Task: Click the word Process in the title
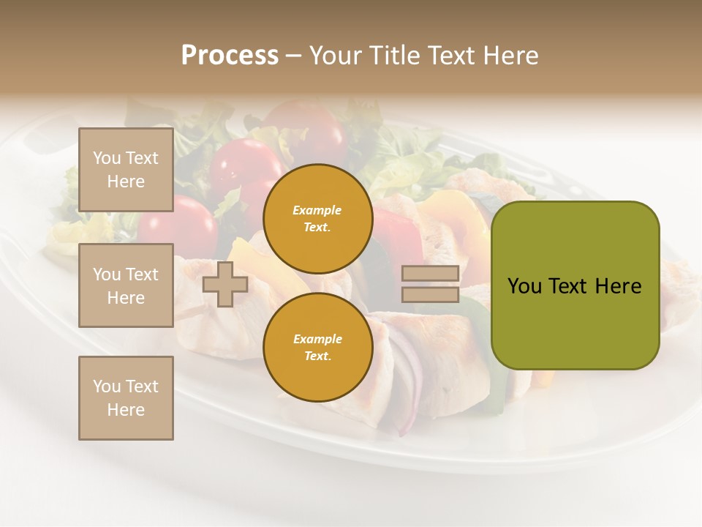click(x=230, y=56)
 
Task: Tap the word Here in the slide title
click(x=508, y=56)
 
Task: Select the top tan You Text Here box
click(x=126, y=170)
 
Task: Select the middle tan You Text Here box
click(x=126, y=285)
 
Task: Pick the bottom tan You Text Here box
click(x=126, y=398)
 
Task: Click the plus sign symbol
click(x=224, y=284)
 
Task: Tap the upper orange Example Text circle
click(x=317, y=218)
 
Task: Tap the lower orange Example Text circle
click(x=317, y=347)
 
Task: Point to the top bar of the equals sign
click(x=431, y=274)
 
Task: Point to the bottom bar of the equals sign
click(x=431, y=294)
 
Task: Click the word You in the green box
click(x=524, y=286)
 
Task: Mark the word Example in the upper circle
click(x=317, y=210)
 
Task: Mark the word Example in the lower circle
click(x=317, y=339)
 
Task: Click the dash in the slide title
click(x=294, y=56)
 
